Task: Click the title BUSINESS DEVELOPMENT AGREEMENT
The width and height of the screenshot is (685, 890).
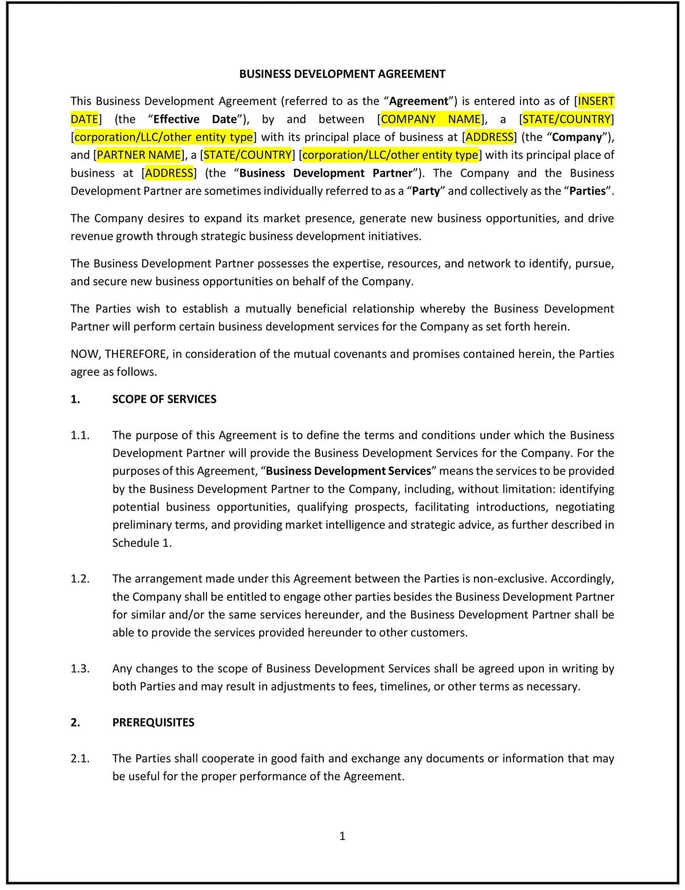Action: point(342,74)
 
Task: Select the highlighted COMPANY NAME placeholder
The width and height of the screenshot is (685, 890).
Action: point(431,119)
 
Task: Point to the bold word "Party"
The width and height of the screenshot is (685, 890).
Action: point(426,191)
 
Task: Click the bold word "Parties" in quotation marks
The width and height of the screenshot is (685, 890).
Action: point(587,191)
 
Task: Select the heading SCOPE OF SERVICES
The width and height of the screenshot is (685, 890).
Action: point(164,399)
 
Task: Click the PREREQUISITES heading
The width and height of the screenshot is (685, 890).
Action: point(153,722)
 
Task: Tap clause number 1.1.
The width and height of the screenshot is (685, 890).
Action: point(80,435)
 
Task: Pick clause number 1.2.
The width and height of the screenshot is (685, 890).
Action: point(80,579)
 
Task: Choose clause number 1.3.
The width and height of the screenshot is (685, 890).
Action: point(80,668)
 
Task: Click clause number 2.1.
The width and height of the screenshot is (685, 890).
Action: point(80,759)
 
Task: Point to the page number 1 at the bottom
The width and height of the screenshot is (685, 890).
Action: point(342,836)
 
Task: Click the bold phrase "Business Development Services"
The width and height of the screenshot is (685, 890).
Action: point(348,471)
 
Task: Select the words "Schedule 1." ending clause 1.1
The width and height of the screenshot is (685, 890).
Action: point(142,543)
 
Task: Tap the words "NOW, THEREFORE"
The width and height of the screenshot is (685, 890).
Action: point(119,354)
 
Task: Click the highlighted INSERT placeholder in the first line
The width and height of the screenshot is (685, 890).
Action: point(597,101)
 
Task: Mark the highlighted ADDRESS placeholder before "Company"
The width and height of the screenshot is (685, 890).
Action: point(489,137)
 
